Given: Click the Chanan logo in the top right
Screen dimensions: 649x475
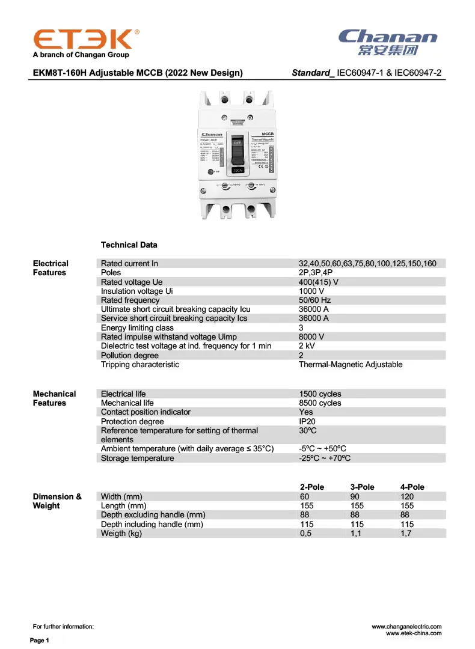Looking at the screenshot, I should pyautogui.click(x=388, y=41).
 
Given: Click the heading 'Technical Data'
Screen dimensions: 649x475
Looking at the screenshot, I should pyautogui.click(x=129, y=245).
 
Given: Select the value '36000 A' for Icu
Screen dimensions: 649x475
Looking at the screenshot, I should pyautogui.click(x=313, y=309).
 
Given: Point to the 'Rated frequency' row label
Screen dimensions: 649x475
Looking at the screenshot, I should pyautogui.click(x=130, y=300).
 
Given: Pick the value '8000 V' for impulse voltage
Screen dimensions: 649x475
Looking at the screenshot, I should pyautogui.click(x=311, y=337).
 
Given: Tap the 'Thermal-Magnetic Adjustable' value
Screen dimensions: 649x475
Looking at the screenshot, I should pyautogui.click(x=351, y=365).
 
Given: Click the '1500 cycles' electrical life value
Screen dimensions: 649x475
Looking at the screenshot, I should pyautogui.click(x=320, y=394).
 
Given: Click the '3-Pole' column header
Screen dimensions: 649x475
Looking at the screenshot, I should pyautogui.click(x=362, y=487).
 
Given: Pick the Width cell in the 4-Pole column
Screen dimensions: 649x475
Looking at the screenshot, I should pyautogui.click(x=407, y=496).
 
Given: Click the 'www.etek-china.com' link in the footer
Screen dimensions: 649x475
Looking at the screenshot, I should pyautogui.click(x=413, y=633).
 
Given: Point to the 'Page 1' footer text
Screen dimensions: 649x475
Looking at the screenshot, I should pyautogui.click(x=40, y=641).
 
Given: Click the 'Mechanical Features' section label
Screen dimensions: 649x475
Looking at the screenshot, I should pyautogui.click(x=54, y=398).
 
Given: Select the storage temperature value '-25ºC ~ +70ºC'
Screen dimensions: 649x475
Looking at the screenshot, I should pyautogui.click(x=325, y=459).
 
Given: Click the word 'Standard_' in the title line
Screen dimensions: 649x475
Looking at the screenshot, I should pyautogui.click(x=313, y=73).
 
